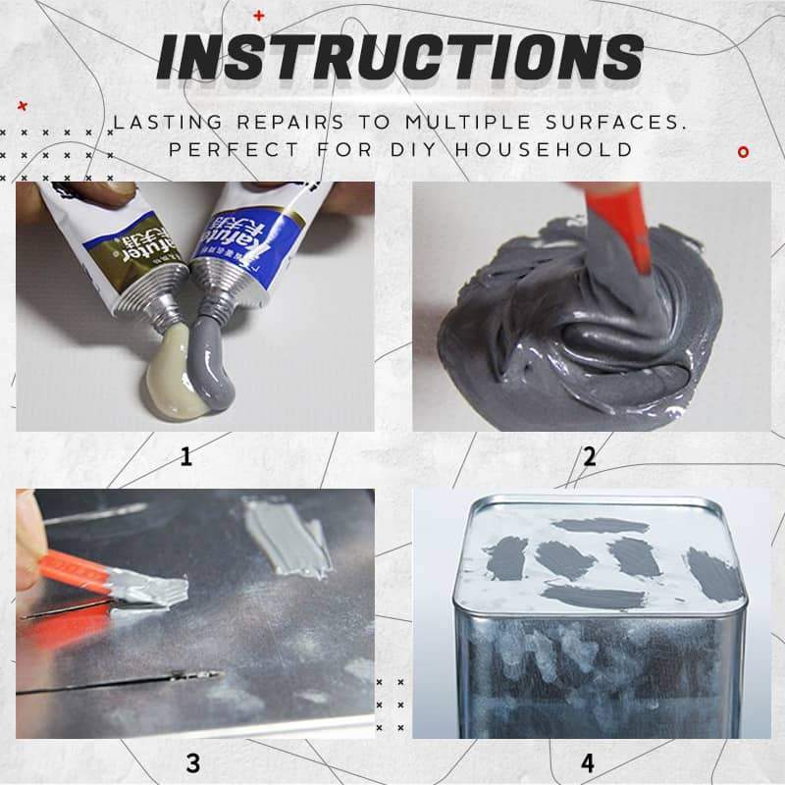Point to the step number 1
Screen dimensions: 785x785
(185, 456)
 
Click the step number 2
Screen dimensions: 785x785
(589, 456)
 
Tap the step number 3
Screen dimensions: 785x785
(193, 762)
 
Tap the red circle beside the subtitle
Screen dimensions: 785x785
(743, 152)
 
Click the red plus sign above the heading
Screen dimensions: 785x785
(259, 15)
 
